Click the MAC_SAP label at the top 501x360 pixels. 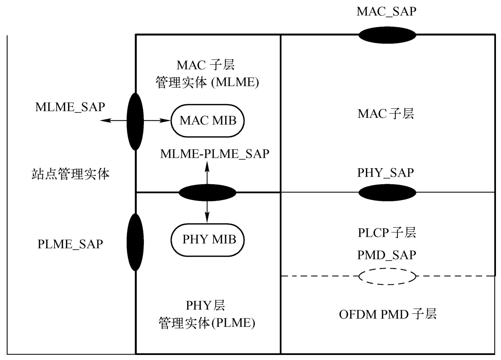click(x=386, y=12)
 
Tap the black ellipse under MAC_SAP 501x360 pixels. click(x=387, y=35)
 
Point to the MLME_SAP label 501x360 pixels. click(x=70, y=107)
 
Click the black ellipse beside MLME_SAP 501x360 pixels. click(x=135, y=121)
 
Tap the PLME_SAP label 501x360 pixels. click(x=70, y=244)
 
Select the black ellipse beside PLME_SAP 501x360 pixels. click(x=135, y=242)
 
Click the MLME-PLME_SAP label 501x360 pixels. click(x=215, y=154)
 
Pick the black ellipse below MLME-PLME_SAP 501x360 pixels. click(x=207, y=193)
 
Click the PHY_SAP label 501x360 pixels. click(x=385, y=173)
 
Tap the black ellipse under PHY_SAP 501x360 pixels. click(x=387, y=193)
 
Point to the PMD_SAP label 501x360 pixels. click(x=386, y=255)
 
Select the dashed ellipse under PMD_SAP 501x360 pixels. click(x=387, y=268)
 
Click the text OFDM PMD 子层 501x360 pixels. click(x=388, y=314)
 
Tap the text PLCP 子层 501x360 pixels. click(x=386, y=232)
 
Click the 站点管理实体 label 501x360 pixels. click(x=70, y=174)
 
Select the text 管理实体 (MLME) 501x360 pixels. click(x=207, y=83)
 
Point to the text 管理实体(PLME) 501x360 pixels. click(x=207, y=323)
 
